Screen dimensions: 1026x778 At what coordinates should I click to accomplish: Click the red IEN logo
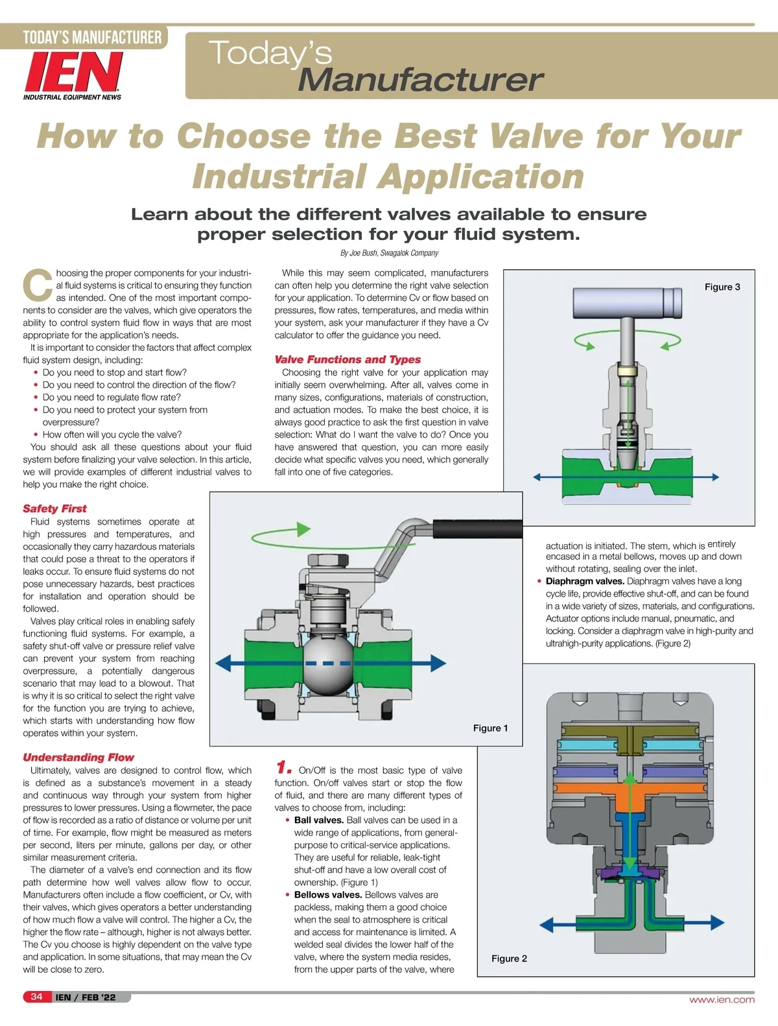click(73, 72)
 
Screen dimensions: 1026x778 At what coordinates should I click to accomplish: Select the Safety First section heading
click(54, 509)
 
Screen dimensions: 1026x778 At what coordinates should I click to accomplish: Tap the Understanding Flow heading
click(78, 758)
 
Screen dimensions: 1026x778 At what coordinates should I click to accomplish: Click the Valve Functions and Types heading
click(348, 359)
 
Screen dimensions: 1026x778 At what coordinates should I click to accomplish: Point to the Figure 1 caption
click(490, 728)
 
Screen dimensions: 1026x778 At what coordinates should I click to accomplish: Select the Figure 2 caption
click(509, 959)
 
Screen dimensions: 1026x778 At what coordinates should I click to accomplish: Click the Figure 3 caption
click(722, 287)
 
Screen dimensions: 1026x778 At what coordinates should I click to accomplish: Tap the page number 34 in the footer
click(36, 997)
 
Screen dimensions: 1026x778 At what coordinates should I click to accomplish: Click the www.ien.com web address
click(722, 999)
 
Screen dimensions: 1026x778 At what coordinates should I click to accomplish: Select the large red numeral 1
click(283, 768)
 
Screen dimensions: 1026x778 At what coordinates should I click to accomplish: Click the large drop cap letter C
click(38, 285)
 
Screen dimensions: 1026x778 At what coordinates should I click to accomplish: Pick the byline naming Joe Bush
click(389, 253)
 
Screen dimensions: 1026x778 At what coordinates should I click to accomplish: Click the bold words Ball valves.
click(319, 820)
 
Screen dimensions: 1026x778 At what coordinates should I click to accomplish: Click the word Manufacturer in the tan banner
click(420, 80)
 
